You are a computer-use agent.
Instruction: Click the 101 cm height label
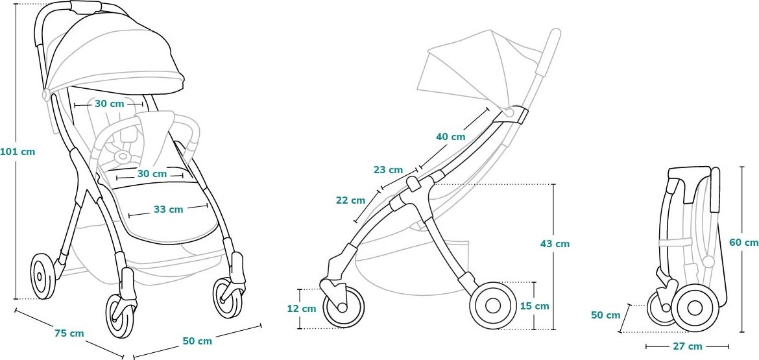tap(18, 151)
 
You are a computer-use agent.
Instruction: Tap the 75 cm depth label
tap(69, 333)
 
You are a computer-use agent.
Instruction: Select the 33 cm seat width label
tap(169, 210)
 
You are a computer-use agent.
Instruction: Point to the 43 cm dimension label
tap(555, 244)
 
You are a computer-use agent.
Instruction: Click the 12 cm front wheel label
tap(302, 309)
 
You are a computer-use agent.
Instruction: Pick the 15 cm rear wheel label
tap(535, 306)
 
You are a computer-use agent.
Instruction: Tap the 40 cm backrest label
tap(451, 137)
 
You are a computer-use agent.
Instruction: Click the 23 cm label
tap(388, 170)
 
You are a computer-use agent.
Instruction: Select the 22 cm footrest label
tap(350, 200)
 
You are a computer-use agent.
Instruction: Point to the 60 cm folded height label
tap(744, 243)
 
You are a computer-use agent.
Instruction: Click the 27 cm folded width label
tap(687, 346)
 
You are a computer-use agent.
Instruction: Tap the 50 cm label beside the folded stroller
tap(605, 315)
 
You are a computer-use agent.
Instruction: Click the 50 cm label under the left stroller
tap(197, 341)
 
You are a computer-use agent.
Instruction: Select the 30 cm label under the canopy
tap(109, 104)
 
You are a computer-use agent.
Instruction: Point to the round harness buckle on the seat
tap(123, 156)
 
